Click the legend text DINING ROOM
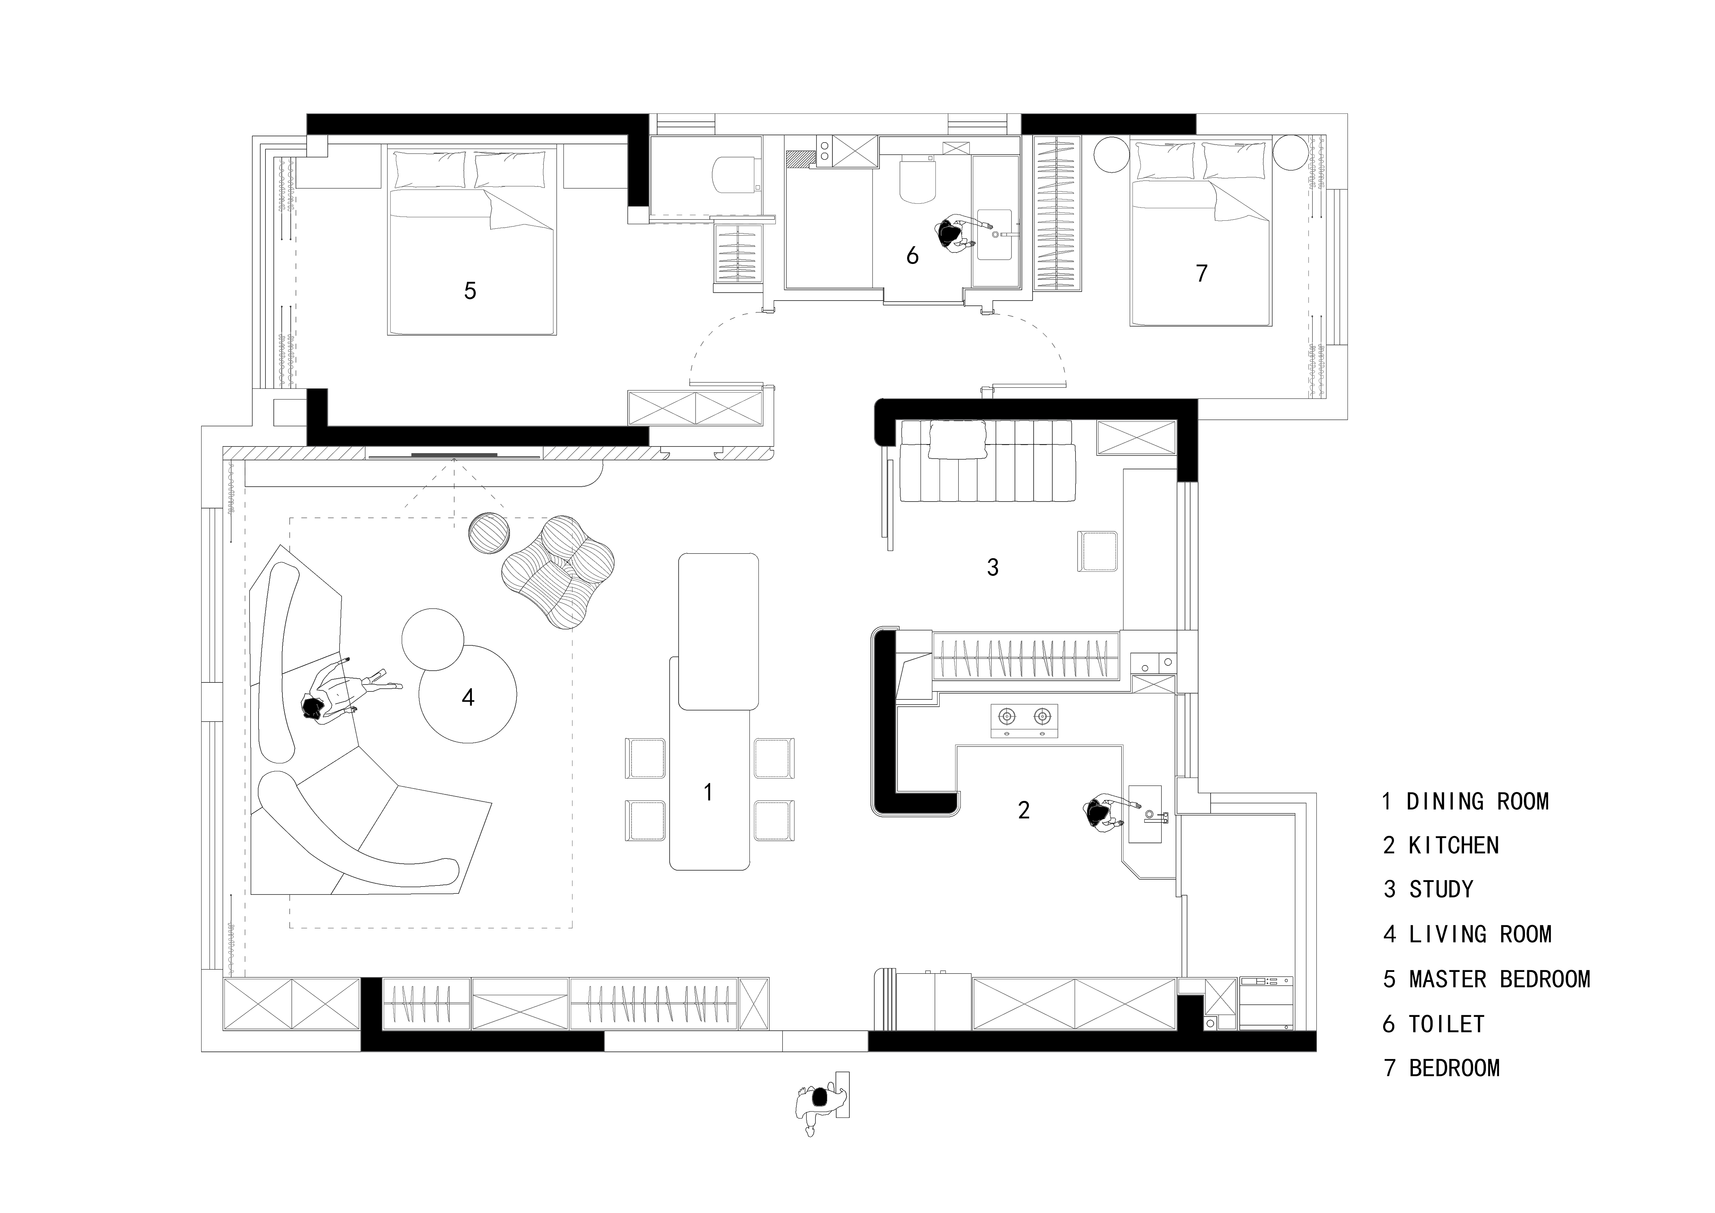coord(1478,802)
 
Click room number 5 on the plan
coord(470,291)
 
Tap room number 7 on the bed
coord(1201,274)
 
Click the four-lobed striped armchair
coord(559,571)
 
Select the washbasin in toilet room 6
coord(994,234)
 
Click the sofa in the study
coord(987,461)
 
